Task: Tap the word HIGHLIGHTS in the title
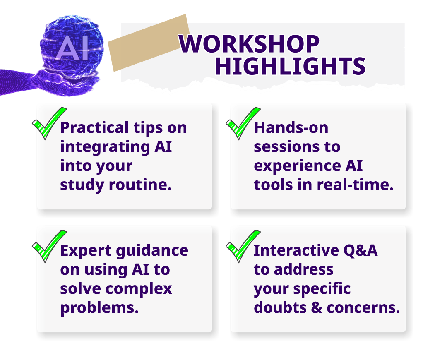(x=290, y=66)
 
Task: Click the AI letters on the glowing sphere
(x=72, y=48)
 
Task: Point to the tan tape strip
(x=149, y=43)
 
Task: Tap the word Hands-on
(x=291, y=127)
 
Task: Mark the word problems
(x=99, y=308)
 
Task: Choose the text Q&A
(x=360, y=250)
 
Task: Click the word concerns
(x=363, y=308)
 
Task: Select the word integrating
(x=105, y=147)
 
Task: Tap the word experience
(x=297, y=166)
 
